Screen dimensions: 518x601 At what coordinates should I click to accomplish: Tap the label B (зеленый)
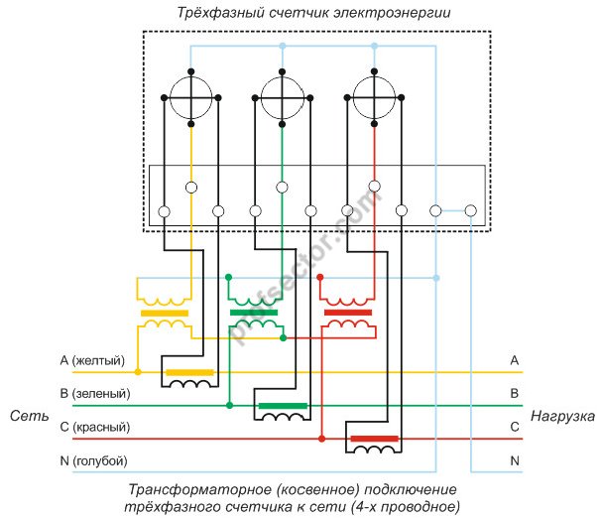pyautogui.click(x=94, y=394)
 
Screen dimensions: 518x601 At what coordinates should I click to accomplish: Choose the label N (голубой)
pyautogui.click(x=93, y=461)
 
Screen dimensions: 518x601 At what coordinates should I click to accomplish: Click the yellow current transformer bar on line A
pyautogui.click(x=188, y=373)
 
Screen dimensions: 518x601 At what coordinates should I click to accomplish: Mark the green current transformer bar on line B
pyautogui.click(x=283, y=406)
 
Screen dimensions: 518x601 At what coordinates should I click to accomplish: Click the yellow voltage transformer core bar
pyautogui.click(x=165, y=313)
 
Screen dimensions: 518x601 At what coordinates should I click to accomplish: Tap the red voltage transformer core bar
pyautogui.click(x=348, y=313)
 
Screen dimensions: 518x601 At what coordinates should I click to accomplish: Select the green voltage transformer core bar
pyautogui.click(x=256, y=313)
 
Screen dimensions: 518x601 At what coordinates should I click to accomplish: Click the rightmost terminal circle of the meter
pyautogui.click(x=470, y=210)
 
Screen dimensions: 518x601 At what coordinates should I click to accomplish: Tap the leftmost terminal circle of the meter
pyautogui.click(x=164, y=210)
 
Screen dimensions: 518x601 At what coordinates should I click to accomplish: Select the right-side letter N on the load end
pyautogui.click(x=514, y=461)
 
